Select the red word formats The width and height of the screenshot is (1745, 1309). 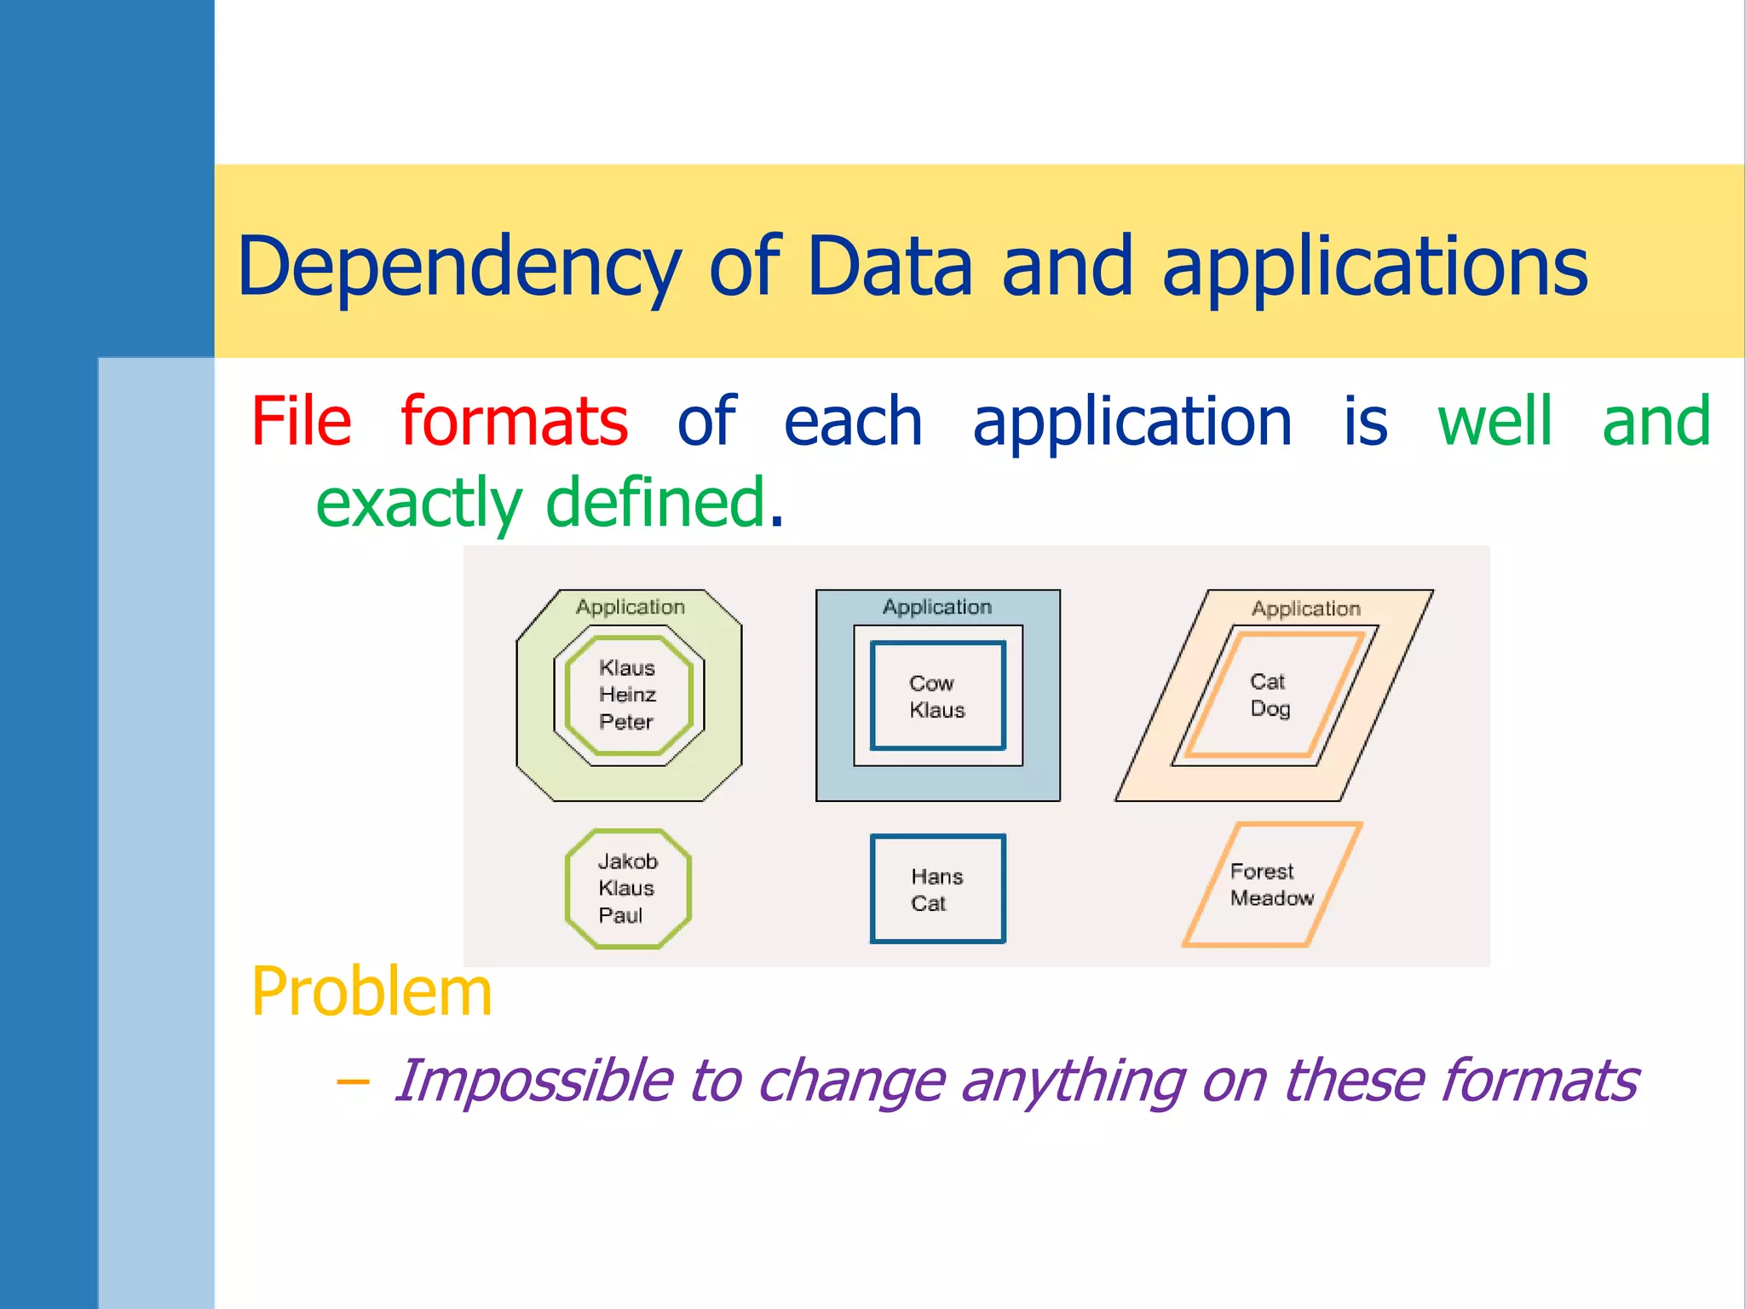point(514,422)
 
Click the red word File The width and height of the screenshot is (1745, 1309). point(301,422)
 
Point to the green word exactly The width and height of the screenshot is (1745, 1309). point(418,503)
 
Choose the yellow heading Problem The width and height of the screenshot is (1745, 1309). point(371,992)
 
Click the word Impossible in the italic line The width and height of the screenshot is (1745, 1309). point(533,1081)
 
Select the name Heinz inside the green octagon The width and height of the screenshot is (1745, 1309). point(627,695)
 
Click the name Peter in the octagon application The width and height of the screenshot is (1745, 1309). point(625,722)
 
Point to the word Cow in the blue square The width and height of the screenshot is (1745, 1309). point(930,683)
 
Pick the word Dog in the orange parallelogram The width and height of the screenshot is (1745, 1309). point(1270,709)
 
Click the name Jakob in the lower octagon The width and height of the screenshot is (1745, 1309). point(627,862)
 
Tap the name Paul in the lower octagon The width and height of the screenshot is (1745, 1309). point(619,915)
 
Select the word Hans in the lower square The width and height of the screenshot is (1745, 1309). point(936,877)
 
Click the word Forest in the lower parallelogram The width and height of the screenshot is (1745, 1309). point(1261,872)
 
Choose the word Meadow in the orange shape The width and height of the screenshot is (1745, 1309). point(1271,898)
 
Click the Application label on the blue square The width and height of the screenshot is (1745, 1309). point(936,607)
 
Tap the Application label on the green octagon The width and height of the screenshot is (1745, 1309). point(630,607)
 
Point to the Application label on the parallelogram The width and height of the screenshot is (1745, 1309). point(1305,608)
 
